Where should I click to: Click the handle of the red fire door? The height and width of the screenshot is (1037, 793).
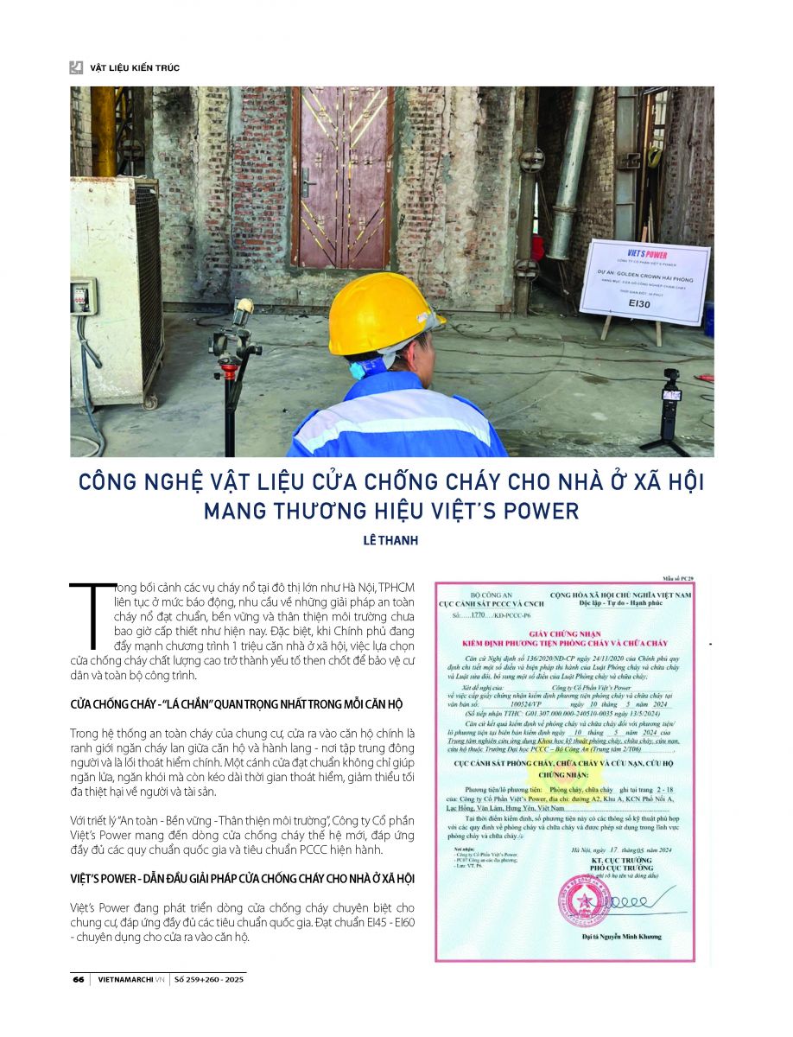pyautogui.click(x=305, y=181)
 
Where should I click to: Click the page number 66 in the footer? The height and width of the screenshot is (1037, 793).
pyautogui.click(x=77, y=980)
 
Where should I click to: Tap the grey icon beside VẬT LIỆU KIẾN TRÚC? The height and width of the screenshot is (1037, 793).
pyautogui.click(x=77, y=67)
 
